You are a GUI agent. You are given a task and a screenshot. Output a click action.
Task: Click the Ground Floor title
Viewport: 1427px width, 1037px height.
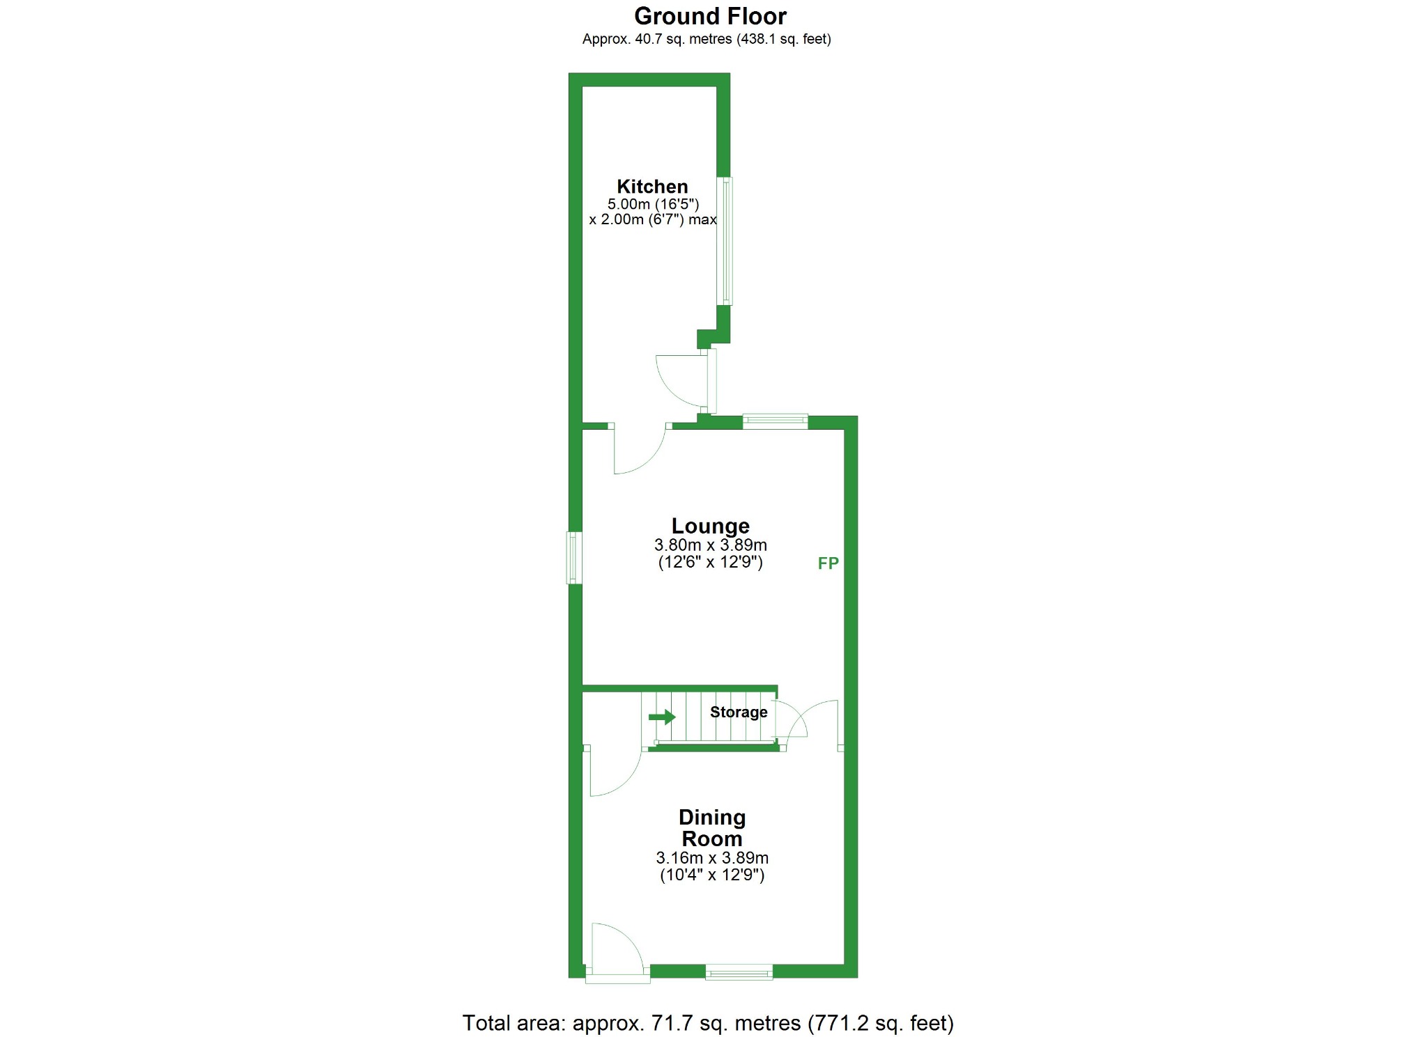pyautogui.click(x=710, y=16)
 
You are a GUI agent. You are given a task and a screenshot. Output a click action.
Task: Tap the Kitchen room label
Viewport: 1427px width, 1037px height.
pyautogui.click(x=652, y=187)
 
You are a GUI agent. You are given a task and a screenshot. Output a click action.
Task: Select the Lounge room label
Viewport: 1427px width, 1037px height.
pyautogui.click(x=710, y=526)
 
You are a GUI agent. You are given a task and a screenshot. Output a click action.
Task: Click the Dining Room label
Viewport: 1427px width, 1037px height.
pyautogui.click(x=712, y=827)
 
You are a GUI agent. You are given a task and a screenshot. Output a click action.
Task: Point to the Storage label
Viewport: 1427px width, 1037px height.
pyautogui.click(x=739, y=712)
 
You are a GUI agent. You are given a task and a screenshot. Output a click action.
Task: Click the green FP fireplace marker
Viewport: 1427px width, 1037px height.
pyautogui.click(x=828, y=563)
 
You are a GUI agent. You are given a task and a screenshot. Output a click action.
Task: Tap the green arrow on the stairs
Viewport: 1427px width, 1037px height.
pyautogui.click(x=662, y=717)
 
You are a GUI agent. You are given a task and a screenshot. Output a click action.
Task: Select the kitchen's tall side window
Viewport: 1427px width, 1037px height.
pyautogui.click(x=725, y=241)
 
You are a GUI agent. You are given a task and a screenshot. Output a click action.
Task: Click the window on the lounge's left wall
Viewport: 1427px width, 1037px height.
pyautogui.click(x=574, y=558)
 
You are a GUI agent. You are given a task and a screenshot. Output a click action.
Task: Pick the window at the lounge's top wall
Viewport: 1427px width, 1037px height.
pyautogui.click(x=775, y=421)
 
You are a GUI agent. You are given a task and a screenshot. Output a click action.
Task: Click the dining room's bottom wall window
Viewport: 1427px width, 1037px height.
pyautogui.click(x=739, y=972)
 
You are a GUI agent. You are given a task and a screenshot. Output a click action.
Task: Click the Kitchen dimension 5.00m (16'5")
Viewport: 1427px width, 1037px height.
pyautogui.click(x=653, y=204)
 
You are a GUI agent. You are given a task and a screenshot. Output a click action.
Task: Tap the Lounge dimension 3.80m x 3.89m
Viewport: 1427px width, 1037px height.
pyautogui.click(x=710, y=545)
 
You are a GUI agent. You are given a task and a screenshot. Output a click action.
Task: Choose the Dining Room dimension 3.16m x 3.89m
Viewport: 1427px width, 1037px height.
pyautogui.click(x=712, y=858)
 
